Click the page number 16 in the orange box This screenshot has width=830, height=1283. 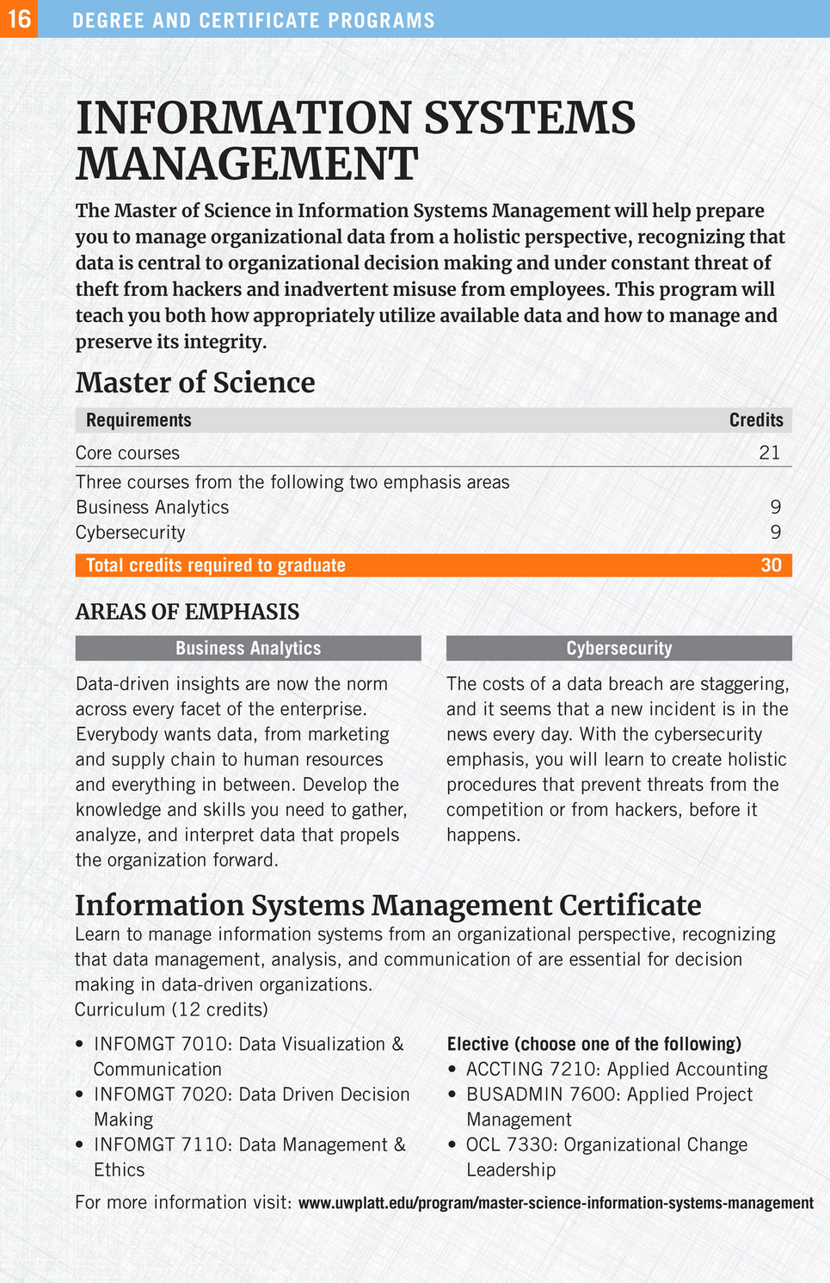coord(19,19)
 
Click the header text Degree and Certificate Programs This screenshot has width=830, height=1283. coord(254,20)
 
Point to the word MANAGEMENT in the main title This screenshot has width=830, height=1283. coord(247,163)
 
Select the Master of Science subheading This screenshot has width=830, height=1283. coord(195,382)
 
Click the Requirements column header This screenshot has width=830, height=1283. coord(138,420)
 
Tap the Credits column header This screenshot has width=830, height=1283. coord(756,420)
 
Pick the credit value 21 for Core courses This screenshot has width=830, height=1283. coord(770,453)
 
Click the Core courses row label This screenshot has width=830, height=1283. coord(127,453)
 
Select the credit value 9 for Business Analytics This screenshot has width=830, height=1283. coord(775,507)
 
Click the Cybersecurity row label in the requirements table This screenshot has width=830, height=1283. coord(130,532)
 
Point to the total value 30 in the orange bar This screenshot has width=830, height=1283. coord(771,565)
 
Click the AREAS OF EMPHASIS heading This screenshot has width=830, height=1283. coord(188,612)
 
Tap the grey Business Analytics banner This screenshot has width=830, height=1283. coord(248,648)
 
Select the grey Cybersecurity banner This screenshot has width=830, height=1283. coord(618,648)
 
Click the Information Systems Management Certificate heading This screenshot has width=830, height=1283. coord(388,905)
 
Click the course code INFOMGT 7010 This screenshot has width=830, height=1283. coord(160,1044)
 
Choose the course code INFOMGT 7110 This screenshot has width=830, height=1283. coord(160,1144)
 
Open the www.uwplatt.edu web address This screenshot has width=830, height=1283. coord(556,1203)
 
